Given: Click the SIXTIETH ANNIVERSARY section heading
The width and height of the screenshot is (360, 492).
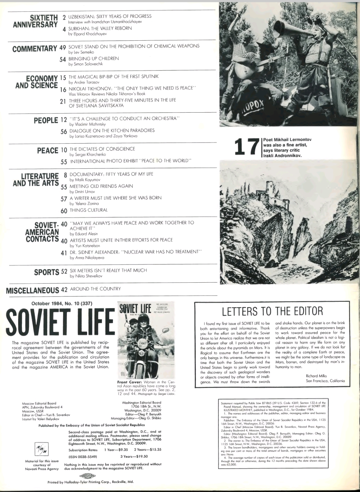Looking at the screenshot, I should pyautogui.click(x=35, y=21).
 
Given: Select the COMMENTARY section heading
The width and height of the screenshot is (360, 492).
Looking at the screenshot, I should pyautogui.click(x=35, y=49).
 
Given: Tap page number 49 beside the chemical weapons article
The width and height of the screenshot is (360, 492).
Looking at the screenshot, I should pyautogui.click(x=63, y=47).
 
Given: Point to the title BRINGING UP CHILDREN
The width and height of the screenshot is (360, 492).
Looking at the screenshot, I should pyautogui.click(x=94, y=58).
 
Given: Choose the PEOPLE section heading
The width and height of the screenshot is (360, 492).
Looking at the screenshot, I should pyautogui.click(x=46, y=120).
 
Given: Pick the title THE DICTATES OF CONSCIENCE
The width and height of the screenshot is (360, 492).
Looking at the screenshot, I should pyautogui.click(x=102, y=149).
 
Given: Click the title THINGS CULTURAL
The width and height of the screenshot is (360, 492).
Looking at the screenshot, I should pyautogui.click(x=88, y=210).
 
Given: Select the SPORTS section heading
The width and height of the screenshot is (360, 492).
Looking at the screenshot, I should pyautogui.click(x=47, y=272).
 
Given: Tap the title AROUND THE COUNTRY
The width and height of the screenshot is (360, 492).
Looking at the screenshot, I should pyautogui.click(x=95, y=289).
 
